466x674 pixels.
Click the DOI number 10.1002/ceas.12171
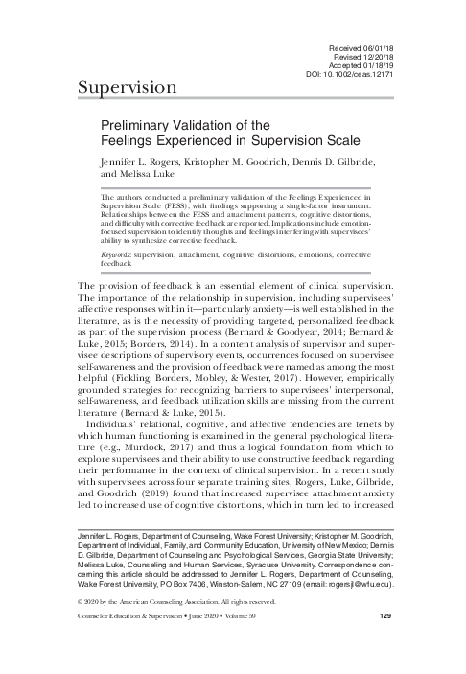(x=367, y=74)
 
